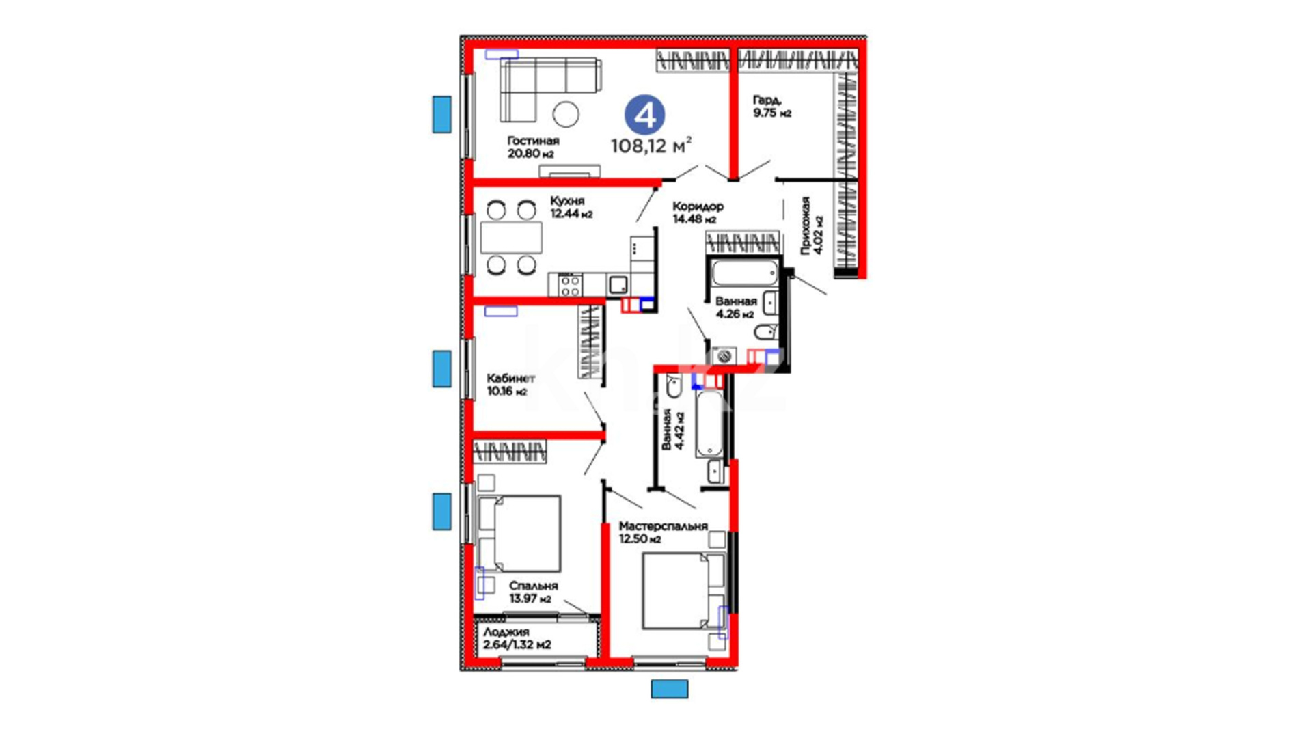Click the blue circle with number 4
tap(644, 115)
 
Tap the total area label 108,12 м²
tap(651, 145)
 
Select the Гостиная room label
tap(533, 141)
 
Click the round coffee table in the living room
tap(566, 114)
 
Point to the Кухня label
tap(567, 201)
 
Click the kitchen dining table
tap(511, 238)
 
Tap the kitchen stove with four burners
tap(571, 285)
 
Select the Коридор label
tap(698, 206)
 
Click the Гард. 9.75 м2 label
tap(772, 107)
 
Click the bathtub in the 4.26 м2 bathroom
tap(745, 273)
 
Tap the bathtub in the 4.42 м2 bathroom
tap(709, 423)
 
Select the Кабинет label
tap(510, 379)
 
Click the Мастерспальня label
tap(663, 526)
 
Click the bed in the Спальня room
tap(519, 534)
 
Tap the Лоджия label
tap(506, 632)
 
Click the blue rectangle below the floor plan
tap(670, 689)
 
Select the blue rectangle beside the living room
tap(442, 114)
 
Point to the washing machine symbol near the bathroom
tap(724, 356)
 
